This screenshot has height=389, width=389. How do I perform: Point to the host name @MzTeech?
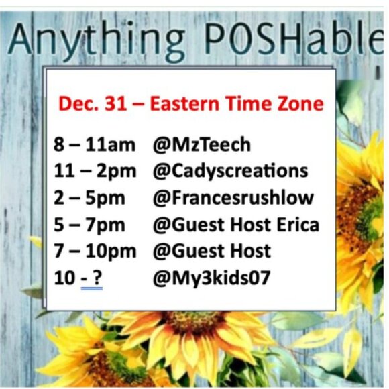pyautogui.click(x=202, y=144)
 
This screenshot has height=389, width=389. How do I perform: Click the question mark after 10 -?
pyautogui.click(x=98, y=277)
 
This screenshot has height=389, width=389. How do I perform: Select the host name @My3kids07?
pyautogui.click(x=211, y=277)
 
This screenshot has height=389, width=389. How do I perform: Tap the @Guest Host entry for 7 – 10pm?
pyautogui.click(x=212, y=251)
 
